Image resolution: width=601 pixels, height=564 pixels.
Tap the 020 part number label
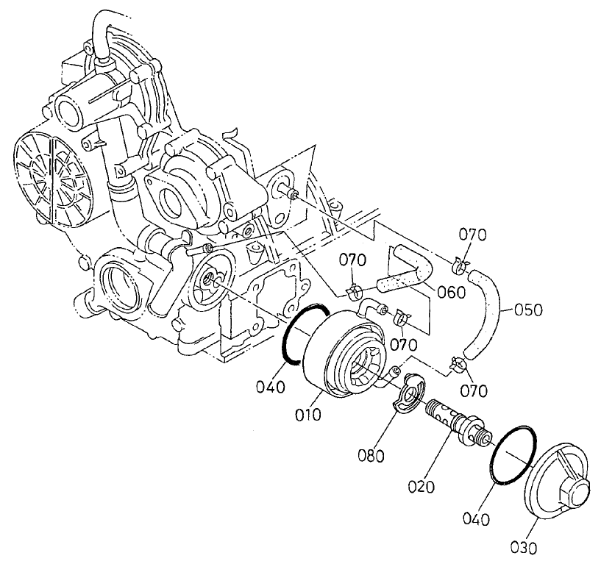coord(424,486)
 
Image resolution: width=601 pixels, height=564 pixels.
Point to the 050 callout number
coord(527,310)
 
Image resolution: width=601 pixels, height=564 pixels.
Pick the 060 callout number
coord(450,292)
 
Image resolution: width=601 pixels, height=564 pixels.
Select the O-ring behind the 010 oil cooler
coord(297,332)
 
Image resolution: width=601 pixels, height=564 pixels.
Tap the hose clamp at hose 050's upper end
coord(460,260)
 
